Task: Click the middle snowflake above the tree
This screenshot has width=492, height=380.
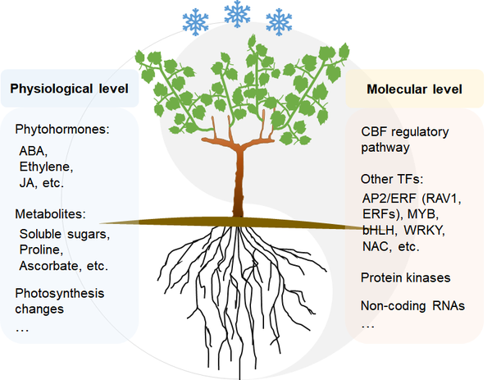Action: click(237, 14)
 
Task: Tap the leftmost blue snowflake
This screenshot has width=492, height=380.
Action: click(195, 22)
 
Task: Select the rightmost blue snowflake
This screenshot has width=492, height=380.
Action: click(279, 22)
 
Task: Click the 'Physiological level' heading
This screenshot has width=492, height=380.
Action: click(70, 89)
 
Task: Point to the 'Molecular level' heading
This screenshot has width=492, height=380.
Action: click(414, 89)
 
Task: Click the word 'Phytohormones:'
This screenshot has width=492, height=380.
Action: click(62, 130)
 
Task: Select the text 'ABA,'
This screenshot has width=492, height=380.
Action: click(34, 151)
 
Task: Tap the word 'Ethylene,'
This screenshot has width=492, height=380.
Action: click(46, 167)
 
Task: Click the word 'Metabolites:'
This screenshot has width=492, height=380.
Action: click(51, 214)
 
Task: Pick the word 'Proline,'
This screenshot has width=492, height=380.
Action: click(42, 250)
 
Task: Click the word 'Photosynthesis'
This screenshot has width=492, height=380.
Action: click(60, 293)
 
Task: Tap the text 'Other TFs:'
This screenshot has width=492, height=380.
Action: click(392, 179)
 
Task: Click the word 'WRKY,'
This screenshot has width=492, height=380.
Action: click(424, 231)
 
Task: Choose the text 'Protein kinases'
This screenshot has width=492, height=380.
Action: click(405, 277)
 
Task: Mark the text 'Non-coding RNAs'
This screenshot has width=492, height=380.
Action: click(412, 305)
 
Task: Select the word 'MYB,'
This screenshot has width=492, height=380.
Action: click(423, 214)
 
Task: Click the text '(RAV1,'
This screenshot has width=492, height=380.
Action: click(441, 199)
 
